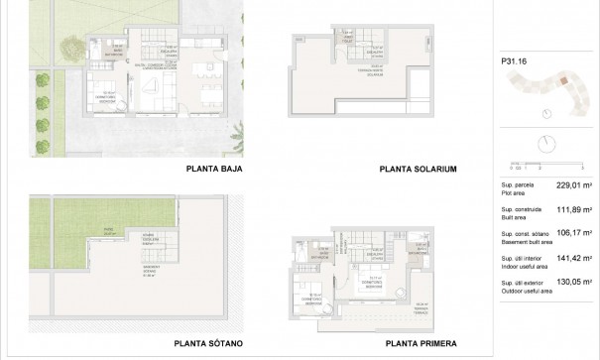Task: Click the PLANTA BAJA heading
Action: tap(214, 169)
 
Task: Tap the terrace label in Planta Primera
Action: tap(421, 306)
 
